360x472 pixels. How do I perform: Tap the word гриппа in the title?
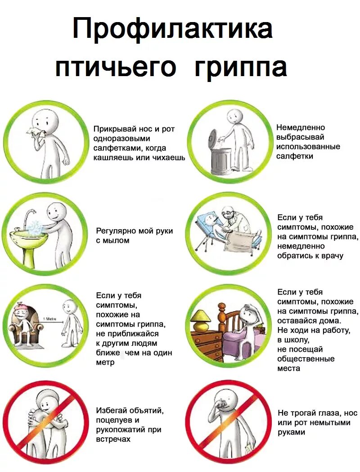241,68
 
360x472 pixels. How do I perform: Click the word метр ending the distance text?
105,362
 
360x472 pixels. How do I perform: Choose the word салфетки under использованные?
295,156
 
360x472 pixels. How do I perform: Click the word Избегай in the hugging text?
112,411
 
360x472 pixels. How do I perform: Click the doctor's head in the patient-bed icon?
229,213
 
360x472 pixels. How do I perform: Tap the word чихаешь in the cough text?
169,158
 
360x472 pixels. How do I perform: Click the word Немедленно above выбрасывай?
301,127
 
